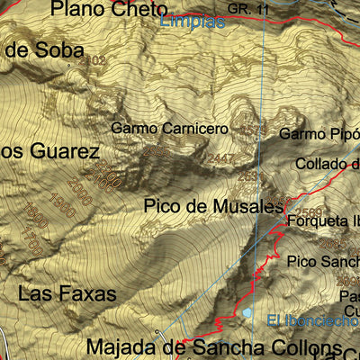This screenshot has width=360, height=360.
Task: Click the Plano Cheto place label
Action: (x=109, y=9)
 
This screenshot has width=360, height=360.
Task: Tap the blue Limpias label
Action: (x=193, y=22)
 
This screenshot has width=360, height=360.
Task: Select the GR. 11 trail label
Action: (x=249, y=8)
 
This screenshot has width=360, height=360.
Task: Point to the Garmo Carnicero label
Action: (x=169, y=129)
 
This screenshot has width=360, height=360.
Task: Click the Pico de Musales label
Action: (x=212, y=206)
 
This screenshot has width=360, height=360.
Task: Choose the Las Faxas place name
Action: (x=67, y=293)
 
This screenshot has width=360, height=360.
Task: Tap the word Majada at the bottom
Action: (x=117, y=346)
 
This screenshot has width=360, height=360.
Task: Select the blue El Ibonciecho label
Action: (x=312, y=319)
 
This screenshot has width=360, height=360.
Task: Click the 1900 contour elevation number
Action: (x=37, y=214)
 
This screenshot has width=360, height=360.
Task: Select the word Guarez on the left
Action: (x=55, y=151)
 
